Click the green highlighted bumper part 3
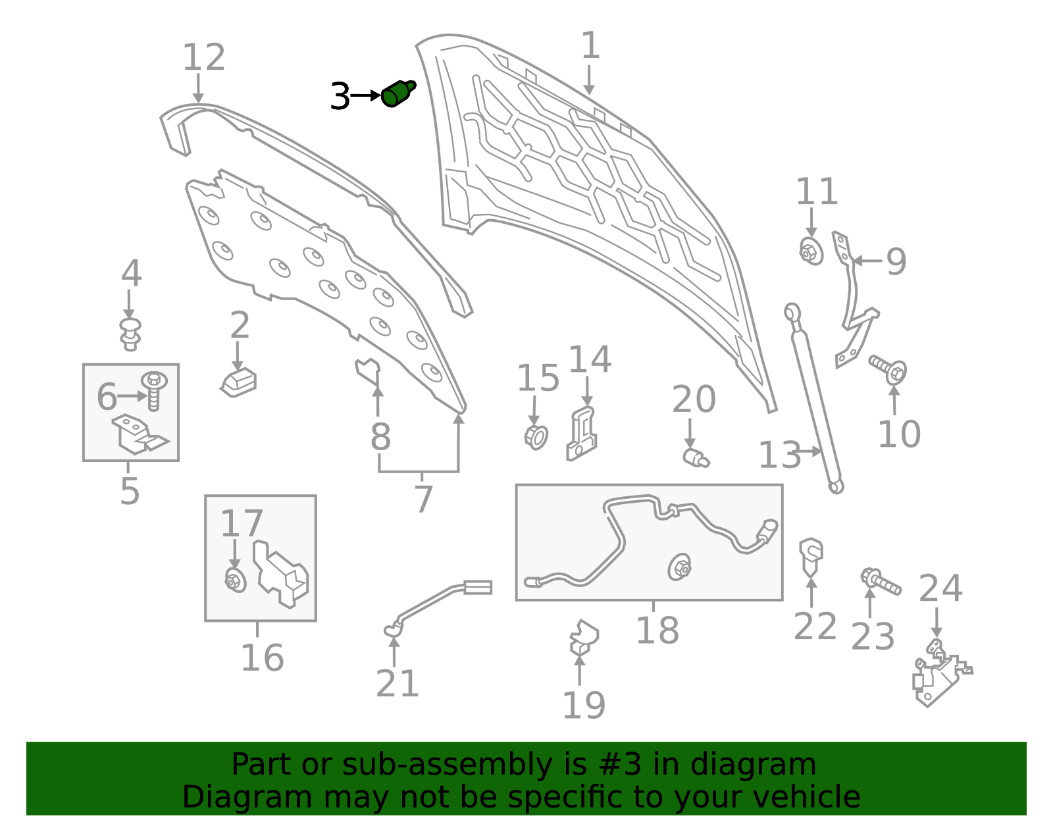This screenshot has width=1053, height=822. (x=398, y=93)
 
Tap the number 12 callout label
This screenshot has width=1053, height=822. (x=203, y=57)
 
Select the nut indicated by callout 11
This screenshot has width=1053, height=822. (x=811, y=251)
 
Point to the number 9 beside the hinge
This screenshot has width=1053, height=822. (x=896, y=261)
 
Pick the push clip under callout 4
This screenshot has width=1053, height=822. (x=130, y=334)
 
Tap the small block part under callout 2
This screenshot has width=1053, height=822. (x=238, y=383)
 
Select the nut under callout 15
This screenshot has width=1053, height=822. (x=536, y=438)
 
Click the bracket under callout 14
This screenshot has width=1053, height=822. (x=582, y=434)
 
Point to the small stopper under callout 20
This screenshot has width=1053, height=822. (x=696, y=458)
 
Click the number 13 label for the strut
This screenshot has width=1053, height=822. (x=779, y=455)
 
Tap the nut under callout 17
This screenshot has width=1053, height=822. (x=236, y=580)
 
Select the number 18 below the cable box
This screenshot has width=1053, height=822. (x=657, y=630)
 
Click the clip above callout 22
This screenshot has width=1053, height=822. (x=811, y=557)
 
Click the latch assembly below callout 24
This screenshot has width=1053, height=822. (x=942, y=673)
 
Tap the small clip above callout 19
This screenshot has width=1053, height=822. (x=584, y=637)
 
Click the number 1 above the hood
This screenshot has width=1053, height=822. (x=590, y=45)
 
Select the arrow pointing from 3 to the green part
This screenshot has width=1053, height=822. (x=365, y=95)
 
